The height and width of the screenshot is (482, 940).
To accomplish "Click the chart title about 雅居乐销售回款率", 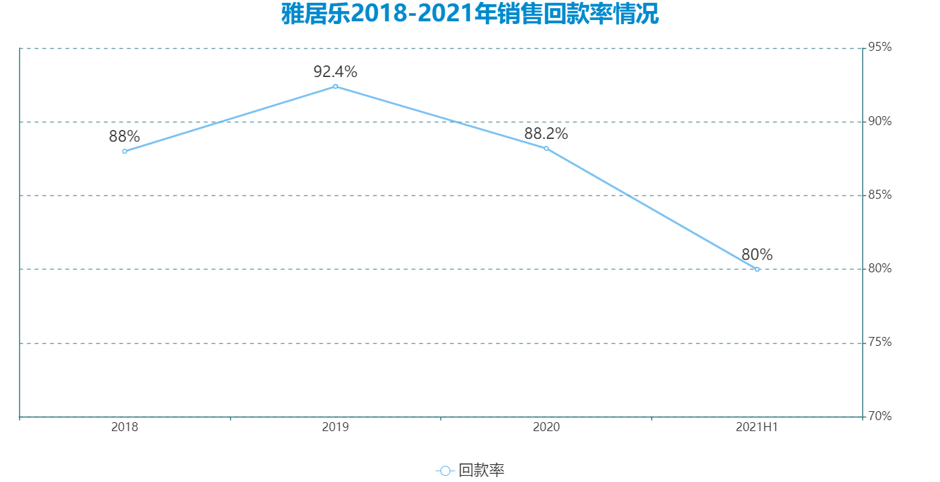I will [x=470, y=14].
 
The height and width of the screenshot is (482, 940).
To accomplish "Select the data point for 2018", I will [x=124, y=151].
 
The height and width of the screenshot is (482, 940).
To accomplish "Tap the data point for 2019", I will [x=335, y=87].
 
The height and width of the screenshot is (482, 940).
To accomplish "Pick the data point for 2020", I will [x=546, y=149].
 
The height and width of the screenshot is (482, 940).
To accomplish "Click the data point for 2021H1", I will [x=757, y=269].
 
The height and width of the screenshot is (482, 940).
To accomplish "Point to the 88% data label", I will [x=124, y=137].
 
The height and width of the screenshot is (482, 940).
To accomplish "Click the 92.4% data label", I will [x=335, y=72].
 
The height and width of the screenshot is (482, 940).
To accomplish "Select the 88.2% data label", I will [x=546, y=134].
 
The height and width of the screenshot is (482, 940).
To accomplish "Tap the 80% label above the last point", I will [x=757, y=254].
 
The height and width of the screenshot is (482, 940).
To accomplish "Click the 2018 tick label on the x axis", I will [x=124, y=427].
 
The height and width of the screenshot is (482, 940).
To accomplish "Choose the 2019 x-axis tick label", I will [x=335, y=427].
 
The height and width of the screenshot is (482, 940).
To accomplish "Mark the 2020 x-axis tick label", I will [x=546, y=427].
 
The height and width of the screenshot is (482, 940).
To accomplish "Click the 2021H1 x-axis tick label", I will [x=757, y=427].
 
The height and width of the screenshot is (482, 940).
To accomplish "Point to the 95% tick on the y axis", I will [x=880, y=47].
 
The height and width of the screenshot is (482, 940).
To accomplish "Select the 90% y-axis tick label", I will [x=880, y=122].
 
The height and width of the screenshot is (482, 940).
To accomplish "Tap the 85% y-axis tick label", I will [x=880, y=195].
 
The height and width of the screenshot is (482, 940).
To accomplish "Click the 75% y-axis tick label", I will [x=880, y=342].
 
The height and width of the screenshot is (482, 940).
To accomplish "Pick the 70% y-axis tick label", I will [x=880, y=416].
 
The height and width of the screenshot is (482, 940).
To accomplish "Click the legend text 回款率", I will [x=482, y=471].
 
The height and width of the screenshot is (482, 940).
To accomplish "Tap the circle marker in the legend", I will [x=445, y=471].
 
